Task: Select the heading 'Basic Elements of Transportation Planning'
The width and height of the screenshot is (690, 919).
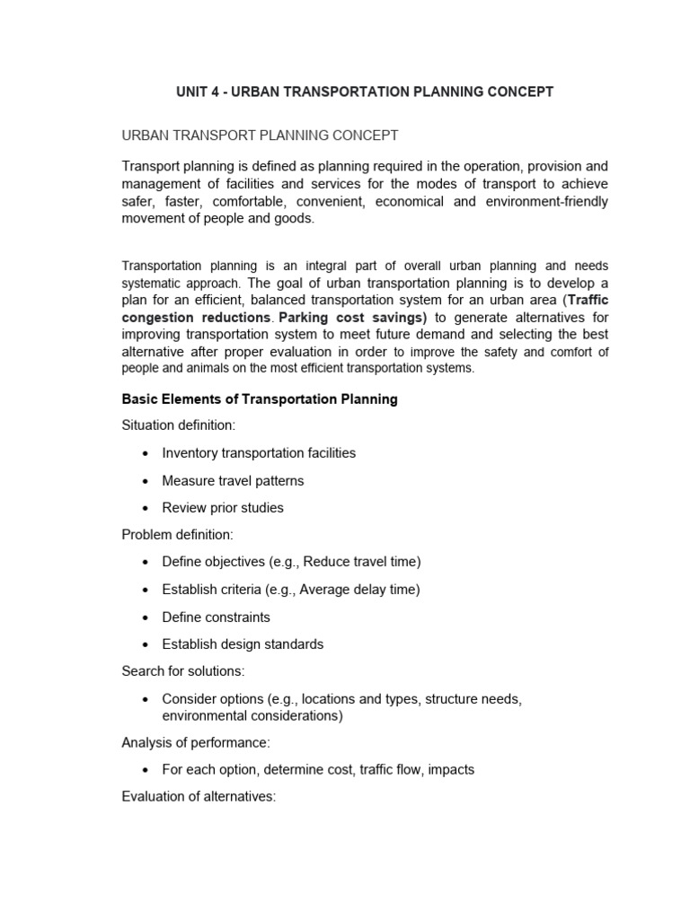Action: [260, 399]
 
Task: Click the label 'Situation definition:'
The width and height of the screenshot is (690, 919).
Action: [178, 426]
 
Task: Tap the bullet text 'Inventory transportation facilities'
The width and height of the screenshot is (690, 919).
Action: [259, 453]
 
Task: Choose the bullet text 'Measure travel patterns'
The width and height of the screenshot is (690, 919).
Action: [233, 481]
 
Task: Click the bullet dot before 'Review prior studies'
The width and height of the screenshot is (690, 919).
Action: [145, 509]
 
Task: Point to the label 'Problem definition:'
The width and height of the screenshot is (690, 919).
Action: [177, 535]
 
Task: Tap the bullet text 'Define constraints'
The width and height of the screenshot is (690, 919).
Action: [216, 617]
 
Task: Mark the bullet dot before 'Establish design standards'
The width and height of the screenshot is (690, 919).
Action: [145, 645]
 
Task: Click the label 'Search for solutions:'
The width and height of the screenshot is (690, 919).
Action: [182, 671]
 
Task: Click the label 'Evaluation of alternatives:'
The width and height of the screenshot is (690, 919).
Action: [198, 796]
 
